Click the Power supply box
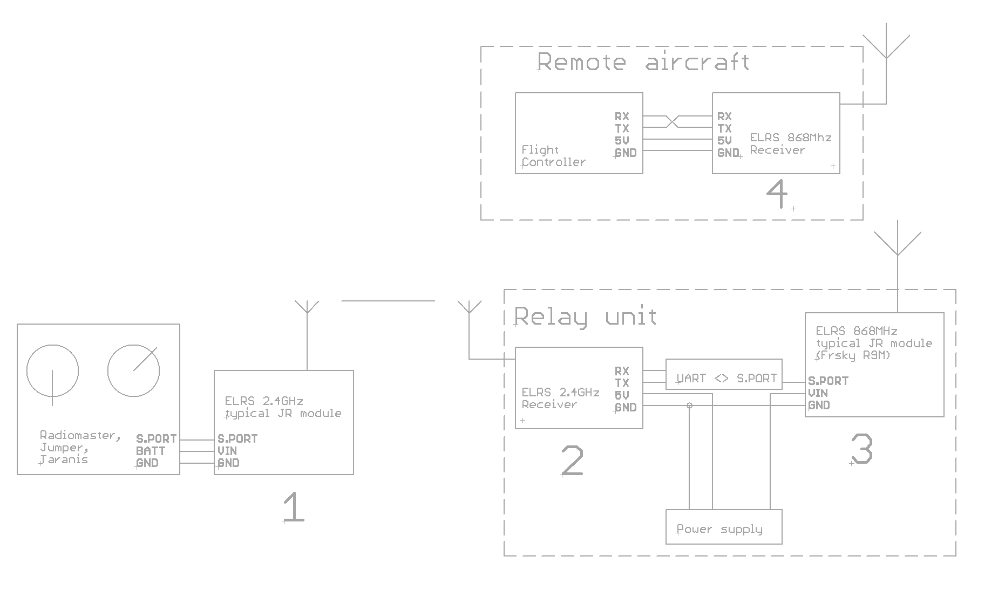point(723,527)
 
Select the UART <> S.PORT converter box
point(723,374)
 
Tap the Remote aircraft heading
point(643,62)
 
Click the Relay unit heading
point(585,316)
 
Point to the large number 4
point(777,194)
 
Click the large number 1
point(293,507)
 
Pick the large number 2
point(572,461)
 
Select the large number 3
point(861,449)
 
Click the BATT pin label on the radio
point(151,451)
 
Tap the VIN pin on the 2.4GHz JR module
point(227,451)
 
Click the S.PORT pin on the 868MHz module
point(828,381)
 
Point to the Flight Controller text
point(553,156)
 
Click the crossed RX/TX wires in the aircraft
point(672,122)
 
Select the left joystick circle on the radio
point(52,371)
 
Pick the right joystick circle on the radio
point(133,371)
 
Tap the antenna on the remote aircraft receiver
point(886,46)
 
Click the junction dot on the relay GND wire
point(689,406)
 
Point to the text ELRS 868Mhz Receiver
point(790,143)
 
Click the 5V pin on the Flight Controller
point(621,141)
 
